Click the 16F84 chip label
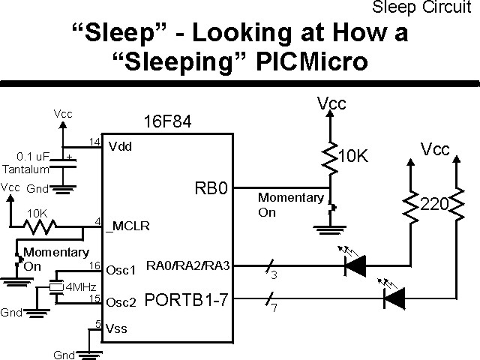click(166, 121)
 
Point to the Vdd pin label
click(120, 145)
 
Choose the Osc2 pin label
click(119, 302)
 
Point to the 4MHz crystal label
click(81, 286)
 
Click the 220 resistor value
click(435, 203)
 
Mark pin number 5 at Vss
click(97, 324)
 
